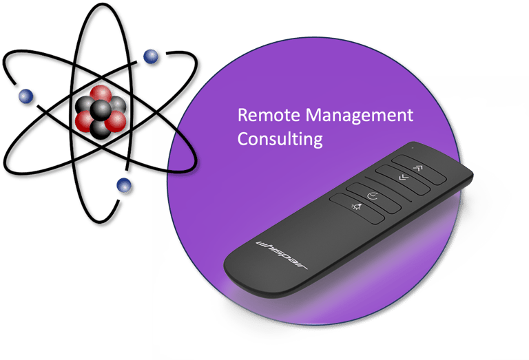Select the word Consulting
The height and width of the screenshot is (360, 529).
[x=280, y=138]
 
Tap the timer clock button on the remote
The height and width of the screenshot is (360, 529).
[x=373, y=196]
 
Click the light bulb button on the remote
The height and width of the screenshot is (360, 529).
[x=357, y=207]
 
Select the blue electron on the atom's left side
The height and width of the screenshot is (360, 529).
[x=25, y=96]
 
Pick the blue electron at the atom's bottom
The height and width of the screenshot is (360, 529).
[x=125, y=184]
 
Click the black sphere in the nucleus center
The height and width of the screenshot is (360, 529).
[x=101, y=109]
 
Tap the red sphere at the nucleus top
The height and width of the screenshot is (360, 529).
[x=101, y=92]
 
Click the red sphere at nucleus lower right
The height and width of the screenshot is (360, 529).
[x=116, y=121]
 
